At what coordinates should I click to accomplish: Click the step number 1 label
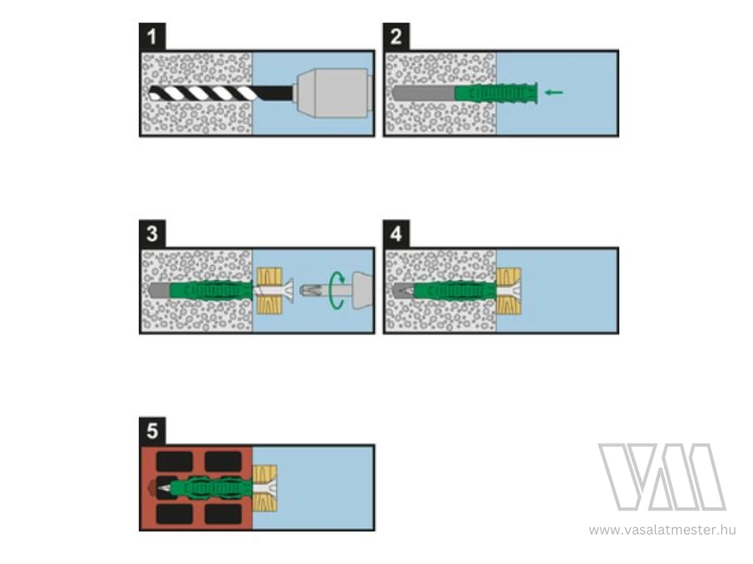click(152, 37)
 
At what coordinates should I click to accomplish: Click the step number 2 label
click(397, 37)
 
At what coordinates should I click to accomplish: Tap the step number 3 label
click(152, 234)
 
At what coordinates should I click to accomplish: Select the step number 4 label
click(397, 234)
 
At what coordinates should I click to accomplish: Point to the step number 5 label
click(152, 430)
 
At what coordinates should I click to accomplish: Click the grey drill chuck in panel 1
click(334, 93)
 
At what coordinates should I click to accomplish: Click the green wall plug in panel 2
click(495, 93)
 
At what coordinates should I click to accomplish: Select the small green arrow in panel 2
click(554, 93)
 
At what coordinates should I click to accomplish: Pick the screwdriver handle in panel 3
click(363, 290)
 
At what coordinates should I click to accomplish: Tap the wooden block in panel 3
click(269, 291)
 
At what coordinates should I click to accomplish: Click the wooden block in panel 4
click(509, 291)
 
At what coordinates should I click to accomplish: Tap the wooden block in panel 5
click(264, 488)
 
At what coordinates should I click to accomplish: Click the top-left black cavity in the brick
click(175, 462)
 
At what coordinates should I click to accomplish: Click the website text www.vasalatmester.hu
click(663, 530)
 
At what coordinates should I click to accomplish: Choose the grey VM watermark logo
click(663, 477)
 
